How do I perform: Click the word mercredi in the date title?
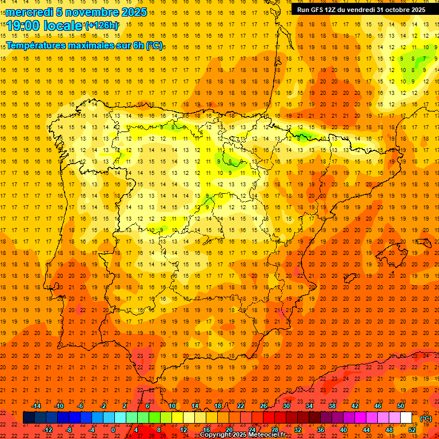click(30, 12)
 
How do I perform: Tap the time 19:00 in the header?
click(23, 25)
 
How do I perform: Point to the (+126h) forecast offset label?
click(101, 25)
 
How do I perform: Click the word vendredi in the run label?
click(360, 10)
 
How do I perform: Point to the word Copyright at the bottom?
click(217, 435)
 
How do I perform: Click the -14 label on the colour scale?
click(36, 406)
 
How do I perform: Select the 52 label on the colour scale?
click(412, 430)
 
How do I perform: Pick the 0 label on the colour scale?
click(113, 430)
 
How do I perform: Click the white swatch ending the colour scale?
click(406, 418)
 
